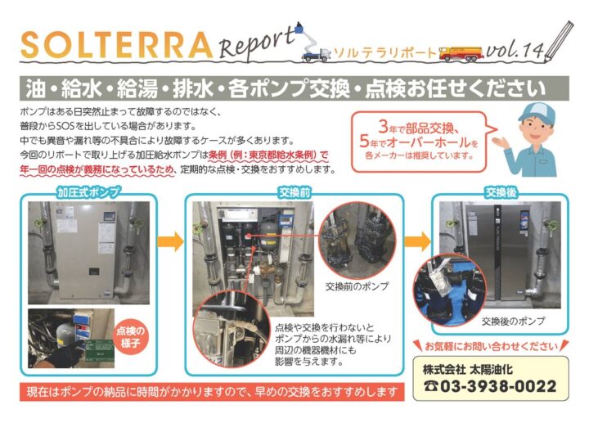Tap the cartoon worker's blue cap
click(x=536, y=110)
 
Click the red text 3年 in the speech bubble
click(x=390, y=127)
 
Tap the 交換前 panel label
click(x=290, y=192)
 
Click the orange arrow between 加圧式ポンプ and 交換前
click(x=169, y=242)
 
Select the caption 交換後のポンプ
click(x=513, y=320)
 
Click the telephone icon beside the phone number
click(x=432, y=386)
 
